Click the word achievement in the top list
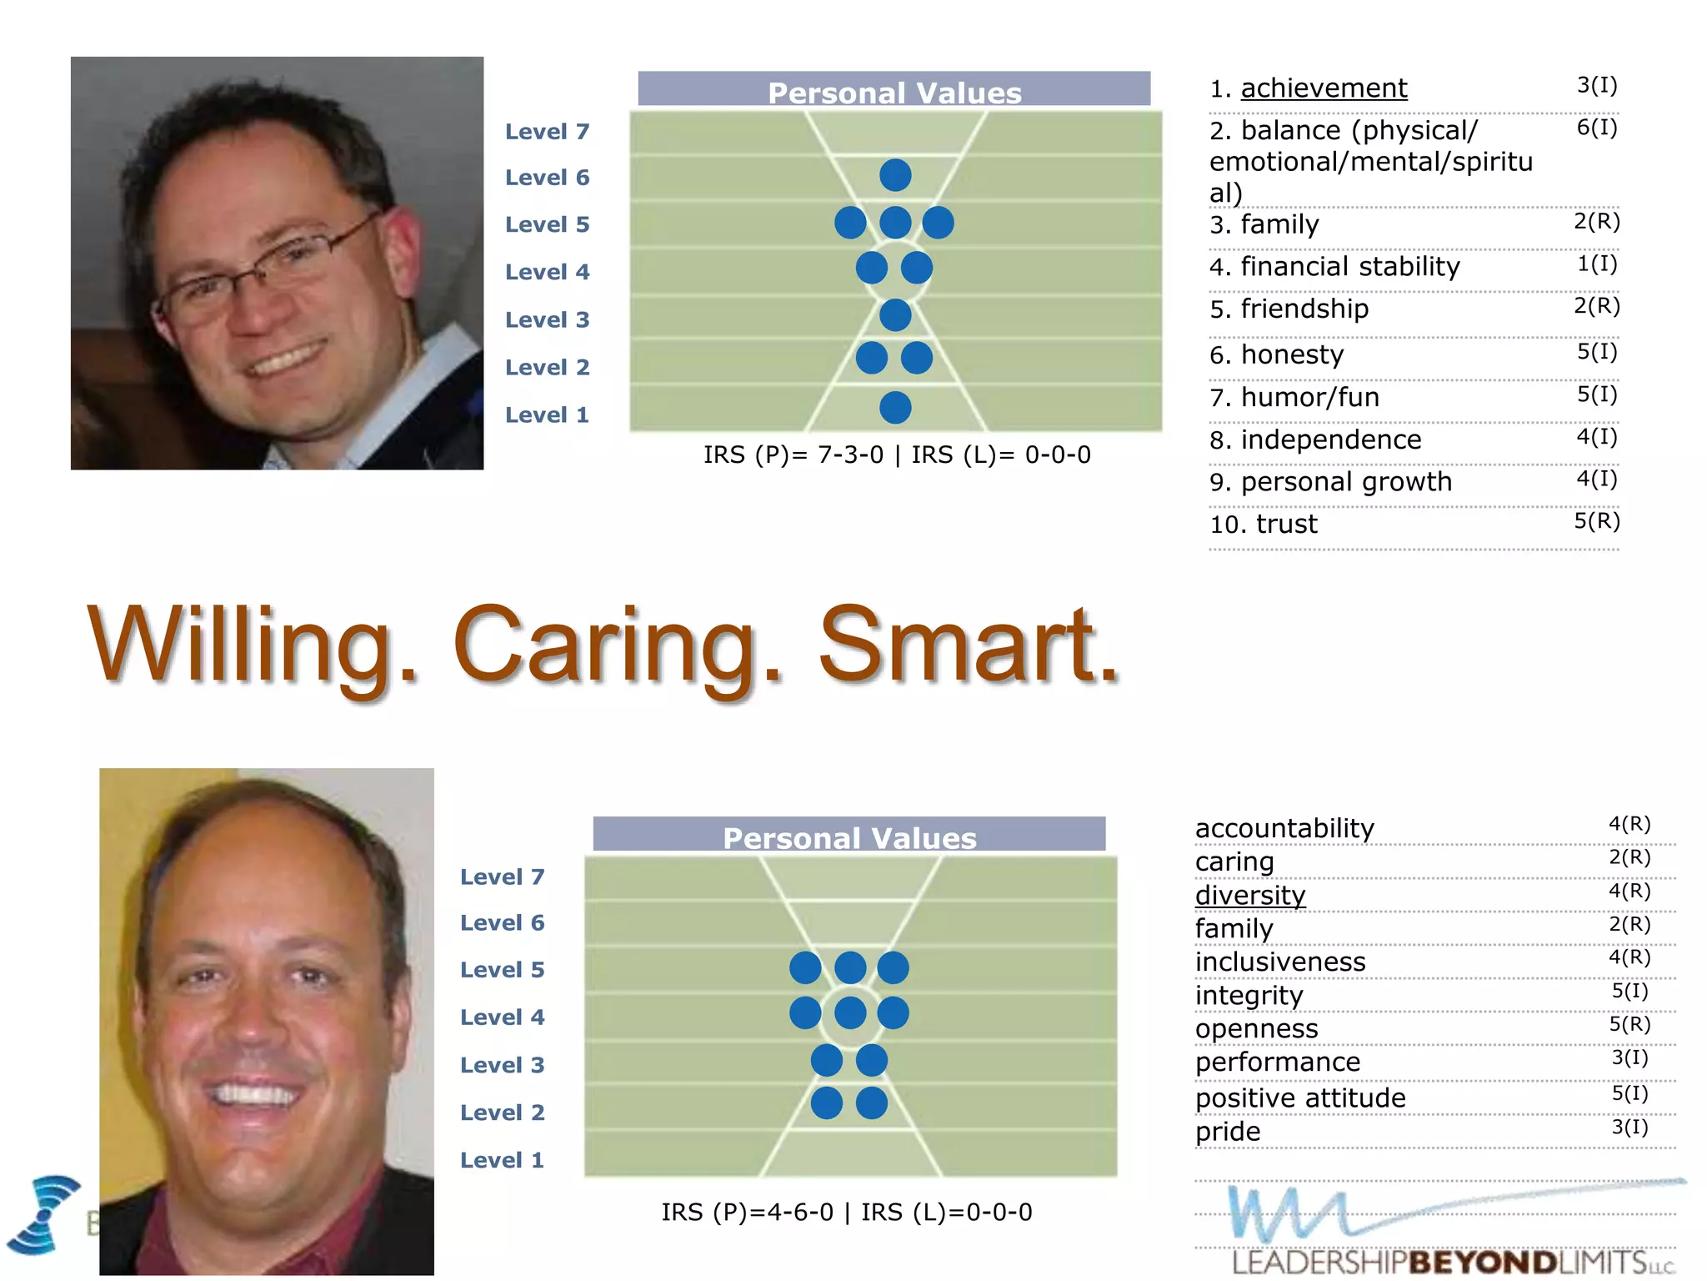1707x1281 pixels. tap(1324, 88)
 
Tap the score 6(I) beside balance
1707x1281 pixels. tap(1596, 128)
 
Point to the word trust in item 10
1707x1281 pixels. tap(1287, 524)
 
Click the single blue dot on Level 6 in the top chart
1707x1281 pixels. tap(895, 175)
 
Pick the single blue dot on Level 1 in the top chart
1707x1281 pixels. tap(895, 408)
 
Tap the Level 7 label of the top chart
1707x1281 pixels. tap(547, 132)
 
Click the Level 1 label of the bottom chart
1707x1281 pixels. tap(502, 1160)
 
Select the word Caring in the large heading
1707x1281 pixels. tap(617, 646)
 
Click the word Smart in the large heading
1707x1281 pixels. tap(967, 646)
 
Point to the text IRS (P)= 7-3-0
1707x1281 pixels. tap(793, 455)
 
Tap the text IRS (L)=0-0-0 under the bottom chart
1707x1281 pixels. tap(946, 1212)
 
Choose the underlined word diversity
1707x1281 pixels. tap(1250, 895)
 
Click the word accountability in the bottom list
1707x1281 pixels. tap(1284, 828)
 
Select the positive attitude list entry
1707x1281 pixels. tap(1300, 1098)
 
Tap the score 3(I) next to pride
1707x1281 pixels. tap(1629, 1128)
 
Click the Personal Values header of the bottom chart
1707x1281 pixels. tap(849, 836)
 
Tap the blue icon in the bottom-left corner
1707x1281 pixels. tap(46, 1213)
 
